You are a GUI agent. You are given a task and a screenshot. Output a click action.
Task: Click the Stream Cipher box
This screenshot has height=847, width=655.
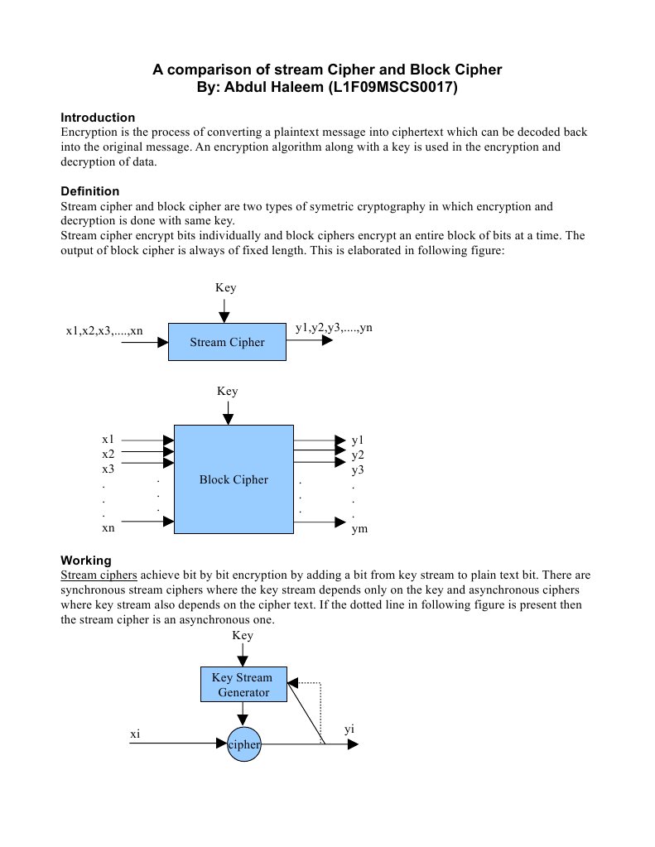coord(227,342)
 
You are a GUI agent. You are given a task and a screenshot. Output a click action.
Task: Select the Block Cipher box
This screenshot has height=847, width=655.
coord(234,479)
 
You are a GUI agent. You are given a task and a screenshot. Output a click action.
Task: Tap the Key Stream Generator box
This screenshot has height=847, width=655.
coord(243,684)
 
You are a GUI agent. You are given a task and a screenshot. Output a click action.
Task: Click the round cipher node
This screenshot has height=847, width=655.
coord(243,744)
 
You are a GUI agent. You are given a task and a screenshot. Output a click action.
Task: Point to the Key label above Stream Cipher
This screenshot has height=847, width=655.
coord(225,288)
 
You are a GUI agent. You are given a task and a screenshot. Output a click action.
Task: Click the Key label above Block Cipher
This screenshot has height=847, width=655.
coord(227,391)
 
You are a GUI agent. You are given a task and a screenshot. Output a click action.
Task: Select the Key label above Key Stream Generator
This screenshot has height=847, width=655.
coord(243,636)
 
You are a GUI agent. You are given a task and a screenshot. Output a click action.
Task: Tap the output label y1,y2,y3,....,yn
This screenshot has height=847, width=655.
coord(334,328)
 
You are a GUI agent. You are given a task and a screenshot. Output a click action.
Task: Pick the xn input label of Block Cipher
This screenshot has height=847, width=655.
coord(108,528)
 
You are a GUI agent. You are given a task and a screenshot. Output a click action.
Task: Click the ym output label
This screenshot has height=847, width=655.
coord(359,528)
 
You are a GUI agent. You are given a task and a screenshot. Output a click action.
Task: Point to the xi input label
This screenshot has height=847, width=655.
coord(135,734)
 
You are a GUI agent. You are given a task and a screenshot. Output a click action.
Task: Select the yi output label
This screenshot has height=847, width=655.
coord(349,729)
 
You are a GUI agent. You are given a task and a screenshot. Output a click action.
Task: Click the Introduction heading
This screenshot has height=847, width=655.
coord(98,118)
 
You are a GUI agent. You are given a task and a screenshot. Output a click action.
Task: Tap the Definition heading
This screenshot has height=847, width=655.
coord(90,191)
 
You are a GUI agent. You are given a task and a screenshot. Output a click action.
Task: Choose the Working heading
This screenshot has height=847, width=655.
coord(86,561)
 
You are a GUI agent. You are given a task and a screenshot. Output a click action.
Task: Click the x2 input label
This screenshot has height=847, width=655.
coord(108,455)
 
